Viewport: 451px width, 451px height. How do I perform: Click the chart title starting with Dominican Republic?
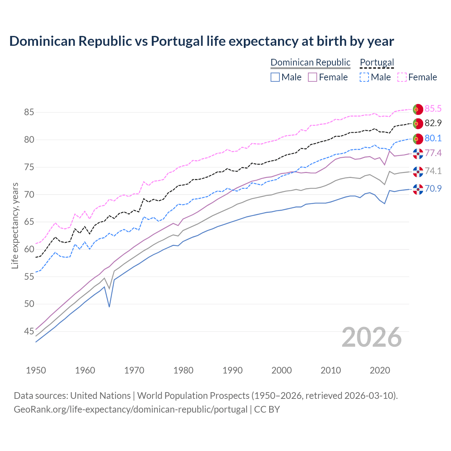tap(202, 41)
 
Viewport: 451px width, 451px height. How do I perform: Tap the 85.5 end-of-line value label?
tap(433, 109)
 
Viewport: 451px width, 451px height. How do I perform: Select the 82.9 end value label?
tap(433, 123)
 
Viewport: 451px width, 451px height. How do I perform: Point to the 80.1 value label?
tap(433, 138)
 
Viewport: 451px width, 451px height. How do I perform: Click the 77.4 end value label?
tap(433, 153)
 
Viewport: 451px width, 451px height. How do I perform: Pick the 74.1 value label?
tap(433, 171)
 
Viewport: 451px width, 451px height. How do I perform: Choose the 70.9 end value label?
tap(433, 189)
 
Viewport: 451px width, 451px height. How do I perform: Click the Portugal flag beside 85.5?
tap(418, 109)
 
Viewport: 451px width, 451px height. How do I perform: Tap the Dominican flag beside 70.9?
tap(418, 189)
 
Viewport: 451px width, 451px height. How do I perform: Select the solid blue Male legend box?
tap(275, 77)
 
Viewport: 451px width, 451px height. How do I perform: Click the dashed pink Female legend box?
tap(402, 77)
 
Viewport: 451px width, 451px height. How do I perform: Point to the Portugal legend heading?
tap(377, 62)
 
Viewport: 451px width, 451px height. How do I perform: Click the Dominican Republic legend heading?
tap(310, 62)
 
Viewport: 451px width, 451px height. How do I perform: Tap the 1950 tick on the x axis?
tap(36, 370)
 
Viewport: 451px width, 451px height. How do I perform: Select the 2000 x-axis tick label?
tap(282, 370)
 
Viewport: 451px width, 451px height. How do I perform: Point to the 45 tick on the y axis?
tap(29, 332)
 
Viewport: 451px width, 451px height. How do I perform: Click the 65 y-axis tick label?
tap(29, 222)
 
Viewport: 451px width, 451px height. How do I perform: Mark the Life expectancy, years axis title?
tap(15, 225)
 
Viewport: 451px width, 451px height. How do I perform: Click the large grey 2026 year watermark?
tap(371, 337)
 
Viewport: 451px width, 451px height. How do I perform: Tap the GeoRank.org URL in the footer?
tap(130, 409)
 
